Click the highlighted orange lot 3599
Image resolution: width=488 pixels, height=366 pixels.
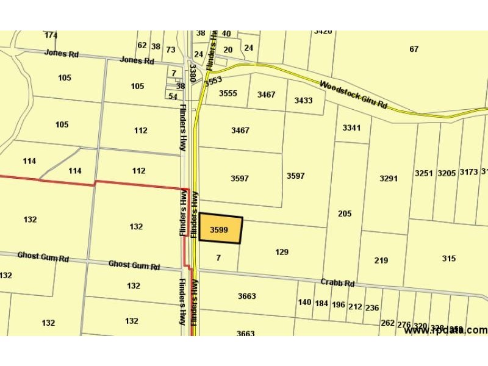coord(220,230)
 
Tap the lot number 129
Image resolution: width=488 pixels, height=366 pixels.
coord(282,252)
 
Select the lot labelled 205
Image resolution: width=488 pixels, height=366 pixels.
coord(345,213)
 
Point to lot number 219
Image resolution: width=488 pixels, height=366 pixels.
coord(381,260)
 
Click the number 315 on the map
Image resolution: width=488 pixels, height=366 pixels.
coord(449,259)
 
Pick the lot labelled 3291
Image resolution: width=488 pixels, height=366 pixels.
coord(389,179)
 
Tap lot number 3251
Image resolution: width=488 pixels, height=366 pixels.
coord(424,173)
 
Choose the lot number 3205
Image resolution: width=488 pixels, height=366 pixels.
coord(447,173)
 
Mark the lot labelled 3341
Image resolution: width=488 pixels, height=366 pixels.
coord(352,127)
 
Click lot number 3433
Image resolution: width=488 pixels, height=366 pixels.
coord(303,100)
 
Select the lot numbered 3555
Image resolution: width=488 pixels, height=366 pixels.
coord(228,93)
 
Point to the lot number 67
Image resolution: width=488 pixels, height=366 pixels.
coord(414,49)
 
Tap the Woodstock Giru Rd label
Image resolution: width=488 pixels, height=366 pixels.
coord(354,95)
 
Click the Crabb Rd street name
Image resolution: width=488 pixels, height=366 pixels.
coord(338,283)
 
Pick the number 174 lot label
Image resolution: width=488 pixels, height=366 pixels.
coord(51,35)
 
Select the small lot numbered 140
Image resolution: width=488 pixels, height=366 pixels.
coord(305,303)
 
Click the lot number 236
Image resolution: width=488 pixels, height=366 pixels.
coord(372,308)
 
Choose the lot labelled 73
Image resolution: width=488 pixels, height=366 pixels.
coord(171,50)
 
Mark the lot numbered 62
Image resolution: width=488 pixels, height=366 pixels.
coord(142,45)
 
